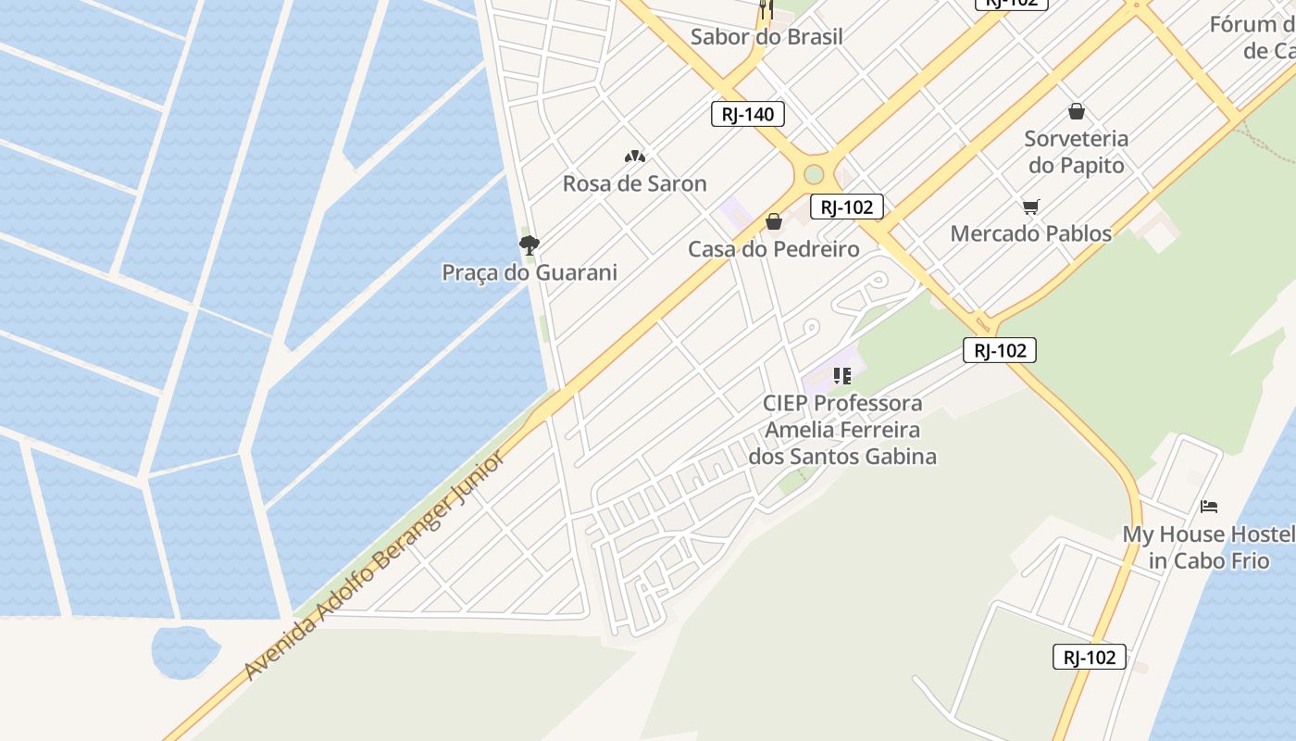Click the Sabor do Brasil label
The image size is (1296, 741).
pyautogui.click(x=766, y=37)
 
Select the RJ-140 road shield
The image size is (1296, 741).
pyautogui.click(x=748, y=114)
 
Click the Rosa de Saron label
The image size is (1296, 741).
pyautogui.click(x=634, y=183)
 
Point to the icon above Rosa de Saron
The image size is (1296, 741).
pyautogui.click(x=634, y=157)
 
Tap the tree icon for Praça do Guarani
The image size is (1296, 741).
pyautogui.click(x=530, y=245)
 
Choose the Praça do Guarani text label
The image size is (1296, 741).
pyautogui.click(x=529, y=272)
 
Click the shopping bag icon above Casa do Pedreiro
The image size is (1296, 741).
pyautogui.click(x=774, y=221)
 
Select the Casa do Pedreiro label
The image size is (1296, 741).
pyautogui.click(x=773, y=249)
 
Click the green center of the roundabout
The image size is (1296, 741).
pyautogui.click(x=814, y=174)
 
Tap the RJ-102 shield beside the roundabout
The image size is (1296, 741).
pyautogui.click(x=846, y=207)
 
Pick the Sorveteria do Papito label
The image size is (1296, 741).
pyautogui.click(x=1076, y=152)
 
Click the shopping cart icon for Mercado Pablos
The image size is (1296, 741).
pyautogui.click(x=1030, y=207)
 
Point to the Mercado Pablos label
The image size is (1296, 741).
pyautogui.click(x=1030, y=233)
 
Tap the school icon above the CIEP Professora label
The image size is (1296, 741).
pyautogui.click(x=841, y=376)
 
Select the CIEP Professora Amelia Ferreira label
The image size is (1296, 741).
pyautogui.click(x=841, y=430)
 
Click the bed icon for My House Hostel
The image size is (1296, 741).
pyautogui.click(x=1208, y=507)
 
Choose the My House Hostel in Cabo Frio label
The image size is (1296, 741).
pyautogui.click(x=1207, y=547)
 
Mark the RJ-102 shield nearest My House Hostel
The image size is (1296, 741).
pyautogui.click(x=1090, y=657)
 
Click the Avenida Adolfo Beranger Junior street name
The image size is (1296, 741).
pyautogui.click(x=375, y=565)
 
